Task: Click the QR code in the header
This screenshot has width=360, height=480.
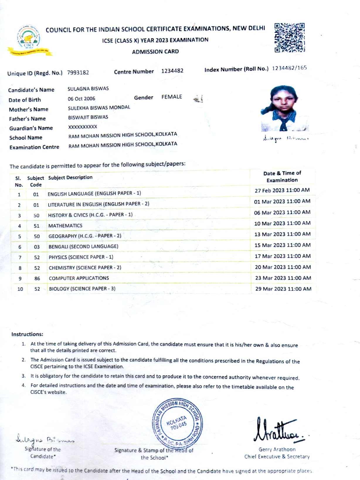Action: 289,38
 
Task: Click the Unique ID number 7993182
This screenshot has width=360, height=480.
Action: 78,72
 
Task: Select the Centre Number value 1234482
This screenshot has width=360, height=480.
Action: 172,71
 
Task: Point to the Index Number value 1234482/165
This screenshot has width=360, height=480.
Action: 289,68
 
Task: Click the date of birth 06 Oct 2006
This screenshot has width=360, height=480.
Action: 81,99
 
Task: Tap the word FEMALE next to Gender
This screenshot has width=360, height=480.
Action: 171,97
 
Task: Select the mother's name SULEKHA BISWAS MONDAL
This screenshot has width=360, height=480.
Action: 99,108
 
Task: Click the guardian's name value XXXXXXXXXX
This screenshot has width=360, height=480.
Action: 83,127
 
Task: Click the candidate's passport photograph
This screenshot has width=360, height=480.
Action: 284,109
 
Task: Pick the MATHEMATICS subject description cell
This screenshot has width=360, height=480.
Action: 65,226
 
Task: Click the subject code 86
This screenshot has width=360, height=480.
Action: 37,278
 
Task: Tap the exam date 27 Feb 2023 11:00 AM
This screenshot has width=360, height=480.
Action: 282,190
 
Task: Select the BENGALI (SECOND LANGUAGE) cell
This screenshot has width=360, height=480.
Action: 84,246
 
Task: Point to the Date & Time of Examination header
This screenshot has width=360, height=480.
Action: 282,177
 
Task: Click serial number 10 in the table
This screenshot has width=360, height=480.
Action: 20,289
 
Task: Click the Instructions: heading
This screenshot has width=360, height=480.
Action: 27,334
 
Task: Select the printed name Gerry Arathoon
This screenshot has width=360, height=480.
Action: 277,449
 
